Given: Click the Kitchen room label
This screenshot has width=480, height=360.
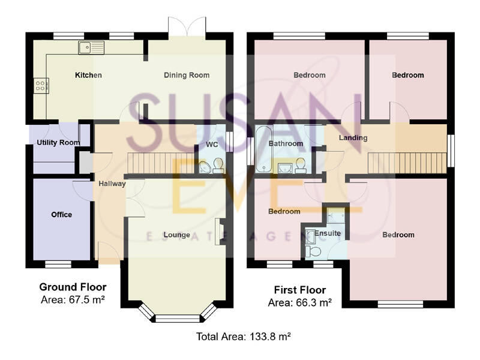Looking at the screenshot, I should [88, 76].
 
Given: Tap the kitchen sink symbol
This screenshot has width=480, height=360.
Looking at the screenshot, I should [91, 47].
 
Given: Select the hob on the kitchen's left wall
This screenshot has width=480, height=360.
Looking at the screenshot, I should [41, 86].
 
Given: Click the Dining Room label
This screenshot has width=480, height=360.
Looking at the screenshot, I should [187, 76].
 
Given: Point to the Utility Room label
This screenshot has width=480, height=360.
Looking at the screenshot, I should [58, 143].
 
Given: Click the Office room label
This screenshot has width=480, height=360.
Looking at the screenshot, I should [61, 215].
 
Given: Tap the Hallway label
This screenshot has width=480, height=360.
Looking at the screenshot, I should [112, 184].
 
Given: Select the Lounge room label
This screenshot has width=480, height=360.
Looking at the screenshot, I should [176, 235].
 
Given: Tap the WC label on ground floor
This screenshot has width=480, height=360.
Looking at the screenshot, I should [211, 145].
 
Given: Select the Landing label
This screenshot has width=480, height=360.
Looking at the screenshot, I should [353, 138].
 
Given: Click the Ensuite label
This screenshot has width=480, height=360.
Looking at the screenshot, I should [328, 233].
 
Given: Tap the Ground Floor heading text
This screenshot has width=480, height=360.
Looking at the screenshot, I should [73, 287].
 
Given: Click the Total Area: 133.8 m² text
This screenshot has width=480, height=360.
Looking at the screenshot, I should [244, 337].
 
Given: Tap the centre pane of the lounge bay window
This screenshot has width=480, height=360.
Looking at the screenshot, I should [176, 319].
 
